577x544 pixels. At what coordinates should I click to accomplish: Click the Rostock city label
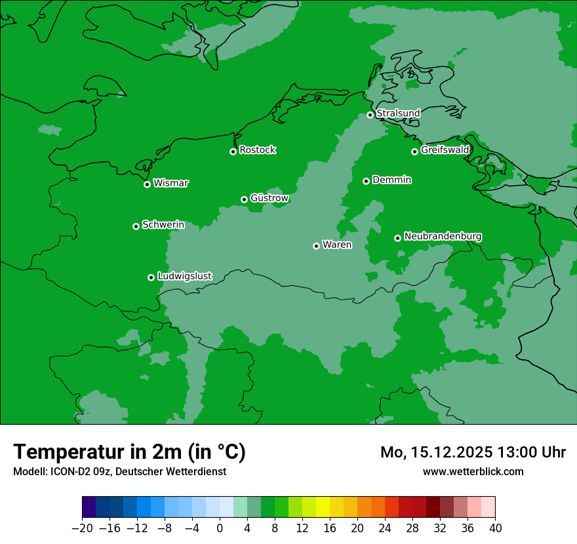[257, 150]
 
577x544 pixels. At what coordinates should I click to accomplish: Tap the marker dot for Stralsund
[370, 115]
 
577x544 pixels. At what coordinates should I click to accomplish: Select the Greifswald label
[445, 150]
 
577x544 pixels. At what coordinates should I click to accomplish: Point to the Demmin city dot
[366, 181]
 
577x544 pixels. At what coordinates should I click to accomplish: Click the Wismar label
[170, 184]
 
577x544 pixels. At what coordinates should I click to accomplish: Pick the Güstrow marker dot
[244, 199]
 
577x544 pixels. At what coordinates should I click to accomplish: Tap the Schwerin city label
[163, 225]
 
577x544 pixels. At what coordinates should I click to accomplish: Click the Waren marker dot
[316, 246]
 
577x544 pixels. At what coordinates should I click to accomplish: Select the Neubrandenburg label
[443, 237]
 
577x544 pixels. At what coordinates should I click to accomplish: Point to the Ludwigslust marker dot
[151, 277]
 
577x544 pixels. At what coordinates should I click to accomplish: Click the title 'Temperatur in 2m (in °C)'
[129, 452]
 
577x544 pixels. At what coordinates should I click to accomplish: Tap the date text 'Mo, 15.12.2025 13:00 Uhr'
[473, 452]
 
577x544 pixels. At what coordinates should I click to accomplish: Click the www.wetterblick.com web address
[473, 471]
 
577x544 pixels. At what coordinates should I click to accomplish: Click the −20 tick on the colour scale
[82, 528]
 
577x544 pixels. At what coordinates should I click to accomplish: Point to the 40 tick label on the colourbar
[495, 528]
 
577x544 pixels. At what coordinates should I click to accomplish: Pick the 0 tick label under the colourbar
[220, 528]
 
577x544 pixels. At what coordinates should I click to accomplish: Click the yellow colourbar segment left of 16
[323, 507]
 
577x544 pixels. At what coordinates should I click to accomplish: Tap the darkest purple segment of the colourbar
[89, 507]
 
